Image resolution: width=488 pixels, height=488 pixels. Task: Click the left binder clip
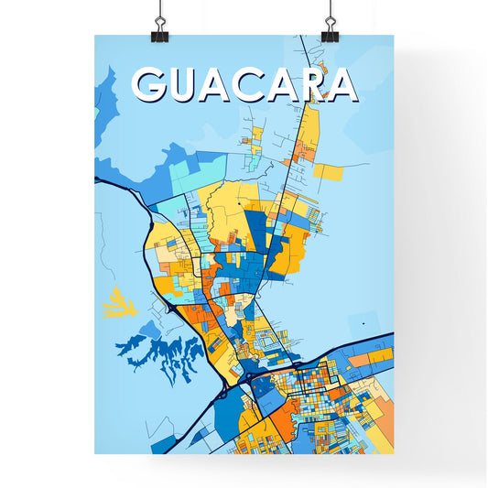(160, 27)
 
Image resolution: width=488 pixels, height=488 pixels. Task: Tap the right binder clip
(330, 27)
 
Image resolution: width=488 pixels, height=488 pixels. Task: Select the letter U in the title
(188, 85)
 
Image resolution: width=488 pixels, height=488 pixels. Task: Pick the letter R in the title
(307, 85)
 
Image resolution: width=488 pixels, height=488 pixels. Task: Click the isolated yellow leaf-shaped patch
(119, 302)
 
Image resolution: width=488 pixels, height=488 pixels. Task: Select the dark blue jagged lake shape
(163, 353)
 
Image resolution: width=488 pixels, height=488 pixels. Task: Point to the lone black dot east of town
(363, 323)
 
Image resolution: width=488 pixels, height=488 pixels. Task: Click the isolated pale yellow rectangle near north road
(328, 171)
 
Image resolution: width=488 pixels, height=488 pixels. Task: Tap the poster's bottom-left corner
(95, 454)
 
